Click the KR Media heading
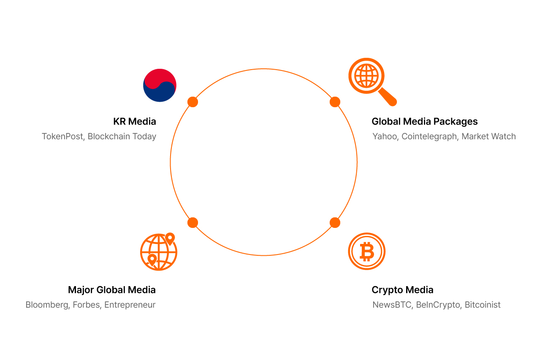(135, 122)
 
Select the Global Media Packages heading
(424, 122)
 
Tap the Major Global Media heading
(112, 290)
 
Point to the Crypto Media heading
(402, 290)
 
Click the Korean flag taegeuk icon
(160, 85)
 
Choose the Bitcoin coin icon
(366, 252)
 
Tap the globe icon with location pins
(158, 252)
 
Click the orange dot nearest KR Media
(193, 102)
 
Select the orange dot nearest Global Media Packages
(335, 102)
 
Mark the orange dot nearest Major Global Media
(193, 222)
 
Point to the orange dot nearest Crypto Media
(335, 222)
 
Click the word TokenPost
(62, 136)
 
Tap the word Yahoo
(385, 136)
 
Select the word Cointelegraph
(429, 136)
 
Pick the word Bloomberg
(47, 305)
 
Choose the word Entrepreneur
(130, 305)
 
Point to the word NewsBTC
(392, 305)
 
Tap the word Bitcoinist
(483, 305)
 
